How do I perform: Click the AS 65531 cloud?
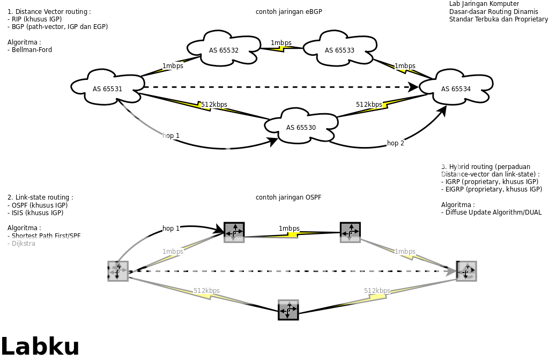[x=108, y=89]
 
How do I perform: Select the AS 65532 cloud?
[x=224, y=50]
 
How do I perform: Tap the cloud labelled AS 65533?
[x=339, y=50]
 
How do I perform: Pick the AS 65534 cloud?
[x=456, y=89]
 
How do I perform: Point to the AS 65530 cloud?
[x=301, y=127]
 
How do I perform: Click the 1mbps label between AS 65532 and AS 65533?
[x=281, y=43]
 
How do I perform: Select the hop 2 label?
[x=396, y=143]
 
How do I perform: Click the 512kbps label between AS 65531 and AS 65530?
[x=214, y=104]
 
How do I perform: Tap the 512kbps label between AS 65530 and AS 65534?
[x=369, y=104]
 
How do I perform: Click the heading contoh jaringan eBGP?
[x=289, y=12]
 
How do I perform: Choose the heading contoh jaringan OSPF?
[x=288, y=197]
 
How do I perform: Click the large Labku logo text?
[x=40, y=346]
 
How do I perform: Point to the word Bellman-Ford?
[x=32, y=50]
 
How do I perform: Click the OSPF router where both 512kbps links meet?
[x=288, y=310]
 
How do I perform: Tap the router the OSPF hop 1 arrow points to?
[x=234, y=232]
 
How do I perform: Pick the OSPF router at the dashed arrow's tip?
[x=466, y=271]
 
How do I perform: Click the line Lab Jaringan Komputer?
[x=484, y=4]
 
